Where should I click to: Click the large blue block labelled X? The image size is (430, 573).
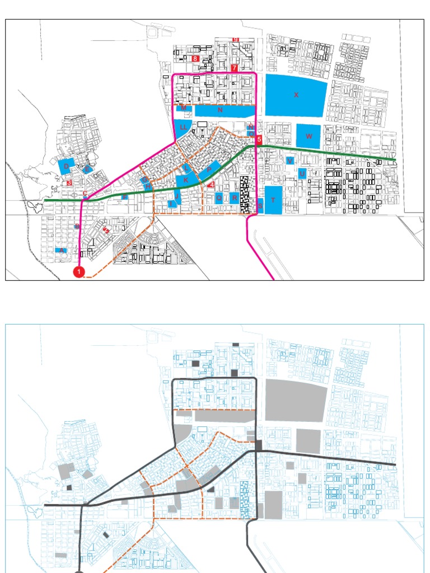(x=296, y=95)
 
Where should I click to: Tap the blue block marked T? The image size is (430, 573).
(x=273, y=200)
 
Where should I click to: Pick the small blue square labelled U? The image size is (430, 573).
(x=302, y=173)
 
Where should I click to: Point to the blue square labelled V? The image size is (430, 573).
(x=289, y=161)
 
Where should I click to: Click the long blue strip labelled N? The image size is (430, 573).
(x=220, y=111)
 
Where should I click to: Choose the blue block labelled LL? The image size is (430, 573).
(x=183, y=128)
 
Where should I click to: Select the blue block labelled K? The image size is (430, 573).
(x=186, y=180)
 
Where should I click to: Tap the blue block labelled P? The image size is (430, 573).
(x=209, y=168)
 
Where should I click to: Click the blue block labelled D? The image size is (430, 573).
(x=66, y=167)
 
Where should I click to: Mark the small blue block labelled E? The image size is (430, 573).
(x=87, y=168)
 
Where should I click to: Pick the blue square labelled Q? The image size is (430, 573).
(x=219, y=198)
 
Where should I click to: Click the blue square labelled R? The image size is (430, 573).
(x=234, y=198)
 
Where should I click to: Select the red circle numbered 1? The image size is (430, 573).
(x=79, y=272)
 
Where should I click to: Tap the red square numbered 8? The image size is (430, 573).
(x=195, y=58)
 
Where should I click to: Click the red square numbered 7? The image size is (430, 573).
(x=234, y=68)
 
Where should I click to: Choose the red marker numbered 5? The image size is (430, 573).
(x=259, y=140)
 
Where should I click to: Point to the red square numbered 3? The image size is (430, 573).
(x=69, y=182)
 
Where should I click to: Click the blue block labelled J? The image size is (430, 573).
(x=176, y=196)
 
